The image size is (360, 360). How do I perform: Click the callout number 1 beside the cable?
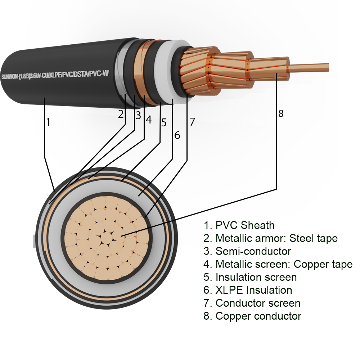click(48, 122)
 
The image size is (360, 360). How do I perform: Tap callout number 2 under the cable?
click(121, 114)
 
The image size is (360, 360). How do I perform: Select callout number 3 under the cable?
click(138, 115)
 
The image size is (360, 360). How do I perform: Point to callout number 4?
click(149, 120)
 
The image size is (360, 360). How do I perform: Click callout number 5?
click(164, 123)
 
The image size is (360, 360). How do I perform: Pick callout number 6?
click(177, 135)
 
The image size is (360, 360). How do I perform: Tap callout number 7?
click(192, 122)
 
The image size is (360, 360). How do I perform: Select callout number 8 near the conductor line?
click(281, 113)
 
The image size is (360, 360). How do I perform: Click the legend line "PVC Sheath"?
click(239, 225)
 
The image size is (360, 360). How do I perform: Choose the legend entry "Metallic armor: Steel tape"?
click(270, 238)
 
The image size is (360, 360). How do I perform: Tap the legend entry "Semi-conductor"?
click(247, 251)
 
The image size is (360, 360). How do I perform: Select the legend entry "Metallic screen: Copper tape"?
click(278, 264)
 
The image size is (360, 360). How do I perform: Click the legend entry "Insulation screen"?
click(250, 277)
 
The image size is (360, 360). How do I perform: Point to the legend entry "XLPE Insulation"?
click(248, 290)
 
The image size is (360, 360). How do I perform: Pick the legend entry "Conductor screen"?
click(252, 303)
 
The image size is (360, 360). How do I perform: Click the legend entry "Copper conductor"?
click(252, 316)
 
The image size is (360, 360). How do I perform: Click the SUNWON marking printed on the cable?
click(55, 75)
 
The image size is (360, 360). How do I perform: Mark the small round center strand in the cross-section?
click(107, 238)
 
